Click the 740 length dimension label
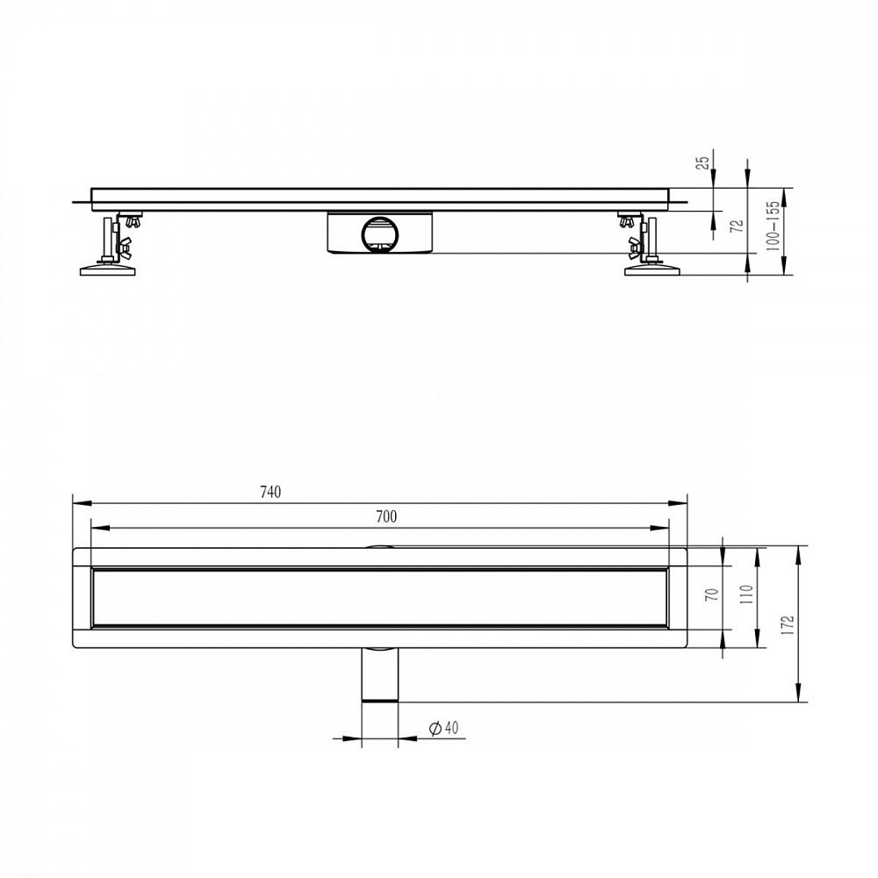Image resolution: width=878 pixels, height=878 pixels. (270, 493)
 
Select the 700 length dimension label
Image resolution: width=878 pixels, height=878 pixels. (386, 516)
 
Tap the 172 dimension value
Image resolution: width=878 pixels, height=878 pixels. (788, 625)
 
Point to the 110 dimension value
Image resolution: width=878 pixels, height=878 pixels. (745, 594)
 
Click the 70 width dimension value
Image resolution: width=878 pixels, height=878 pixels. (712, 594)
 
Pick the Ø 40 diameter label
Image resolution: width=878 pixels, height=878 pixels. (443, 728)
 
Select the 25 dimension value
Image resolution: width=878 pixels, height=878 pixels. (702, 162)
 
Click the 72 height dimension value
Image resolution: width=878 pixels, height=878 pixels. (738, 226)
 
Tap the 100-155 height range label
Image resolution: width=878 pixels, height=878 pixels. (772, 226)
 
